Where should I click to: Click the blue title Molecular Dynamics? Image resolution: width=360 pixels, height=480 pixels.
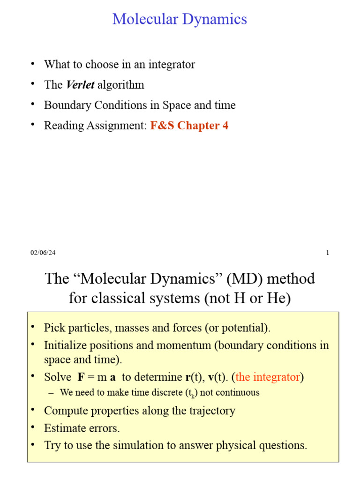tap(180, 19)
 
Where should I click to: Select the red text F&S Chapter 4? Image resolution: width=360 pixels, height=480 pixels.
tap(189, 126)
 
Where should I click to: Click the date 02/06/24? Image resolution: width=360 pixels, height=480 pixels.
tap(43, 253)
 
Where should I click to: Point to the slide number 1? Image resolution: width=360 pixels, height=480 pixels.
tap(328, 253)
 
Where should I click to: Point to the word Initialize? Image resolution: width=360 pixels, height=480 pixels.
tap(65, 345)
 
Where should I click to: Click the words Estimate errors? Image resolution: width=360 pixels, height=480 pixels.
tap(82, 428)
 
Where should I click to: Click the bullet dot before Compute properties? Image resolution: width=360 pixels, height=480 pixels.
tap(33, 410)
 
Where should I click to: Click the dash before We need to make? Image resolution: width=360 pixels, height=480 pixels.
tap(51, 392)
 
